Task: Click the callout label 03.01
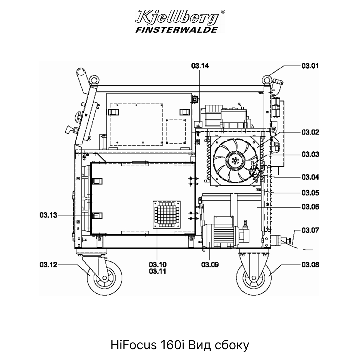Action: (310, 66)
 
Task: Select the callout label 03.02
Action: (310, 132)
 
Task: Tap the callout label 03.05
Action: (310, 193)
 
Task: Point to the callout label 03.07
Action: (310, 230)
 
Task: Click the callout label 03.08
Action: (310, 265)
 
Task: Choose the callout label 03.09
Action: (210, 265)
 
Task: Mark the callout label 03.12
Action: (48, 265)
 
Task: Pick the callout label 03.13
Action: (48, 215)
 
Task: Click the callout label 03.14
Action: (200, 66)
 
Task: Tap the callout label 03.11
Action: (158, 271)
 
